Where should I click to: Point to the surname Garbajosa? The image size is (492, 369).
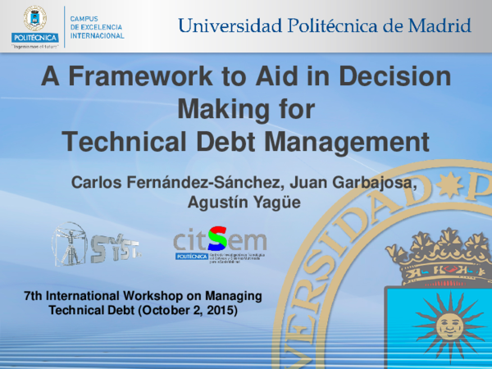(368, 181)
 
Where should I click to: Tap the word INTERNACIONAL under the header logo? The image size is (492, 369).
(98, 36)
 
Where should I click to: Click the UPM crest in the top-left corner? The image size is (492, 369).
(35, 17)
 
